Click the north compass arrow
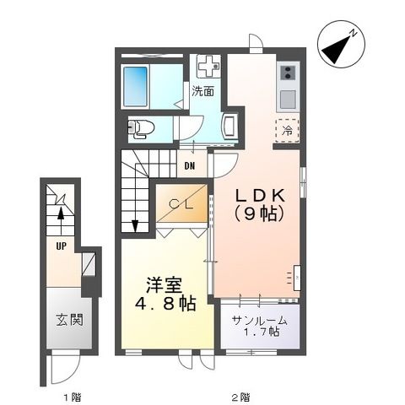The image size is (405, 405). pos(340,46)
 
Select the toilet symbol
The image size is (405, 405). pos(139,128)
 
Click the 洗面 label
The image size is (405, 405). pos(202,90)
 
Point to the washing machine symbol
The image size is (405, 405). pos(208,66)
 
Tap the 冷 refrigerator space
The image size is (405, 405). pos(287,132)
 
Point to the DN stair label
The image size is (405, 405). pos(191,165)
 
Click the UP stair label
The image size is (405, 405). pos(61,247)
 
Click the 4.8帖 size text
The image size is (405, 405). pos(165,303)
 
